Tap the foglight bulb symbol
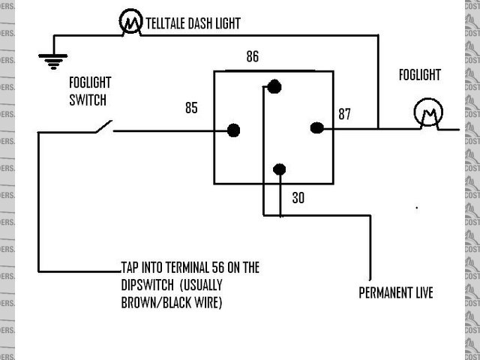[x=428, y=115]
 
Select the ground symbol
[x=53, y=61]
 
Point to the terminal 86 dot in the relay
[x=274, y=87]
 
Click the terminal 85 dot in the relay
[x=234, y=130]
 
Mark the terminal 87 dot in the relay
[x=316, y=128]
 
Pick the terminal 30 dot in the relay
[x=279, y=169]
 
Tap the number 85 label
[x=191, y=108]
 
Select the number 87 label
[x=345, y=114]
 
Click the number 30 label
[x=298, y=198]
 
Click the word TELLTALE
[x=169, y=24]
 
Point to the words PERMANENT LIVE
[x=395, y=292]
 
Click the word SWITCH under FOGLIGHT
[x=88, y=99]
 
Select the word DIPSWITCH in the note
[x=148, y=285]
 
